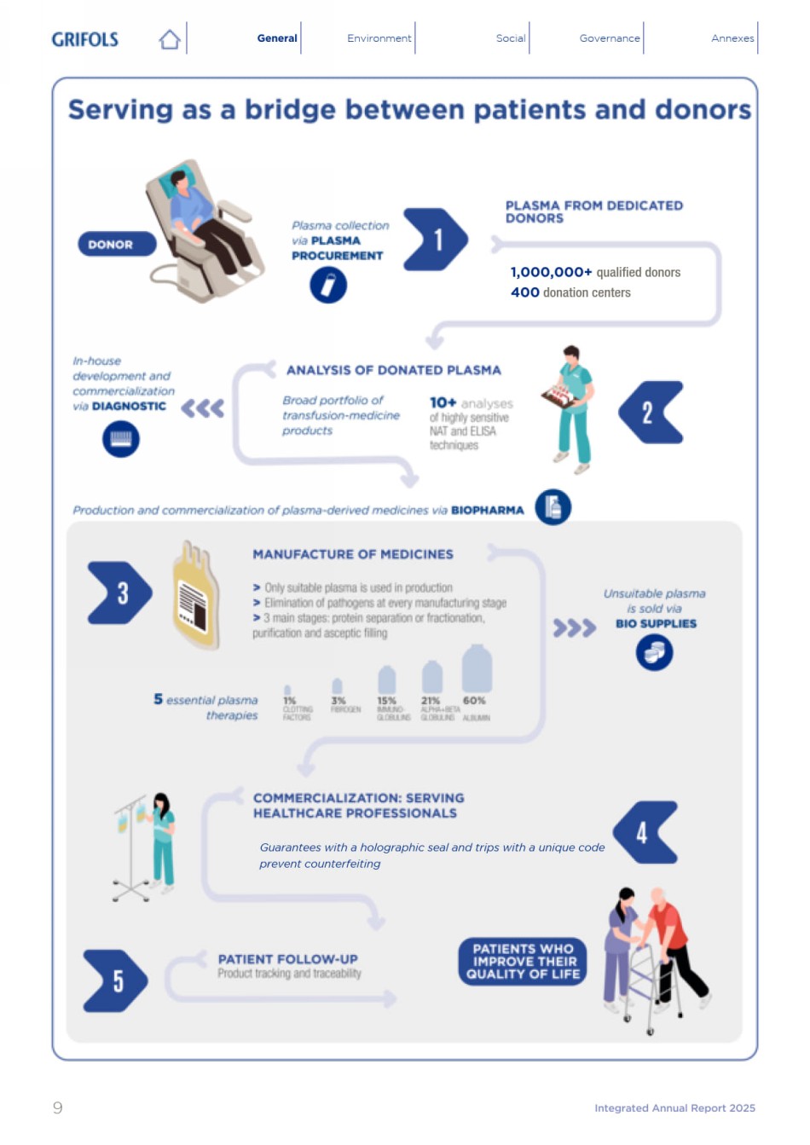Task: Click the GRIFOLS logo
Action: pos(84,39)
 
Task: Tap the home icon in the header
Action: pos(170,39)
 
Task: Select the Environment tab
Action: pos(379,38)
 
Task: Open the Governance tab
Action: pos(609,38)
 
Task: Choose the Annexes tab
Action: pos(732,38)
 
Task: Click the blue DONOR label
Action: pos(117,245)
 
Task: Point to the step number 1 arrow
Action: pos(435,240)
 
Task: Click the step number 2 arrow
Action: pos(651,413)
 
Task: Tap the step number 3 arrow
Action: pos(120,593)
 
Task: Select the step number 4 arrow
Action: pos(645,832)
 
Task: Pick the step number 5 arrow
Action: pos(116,980)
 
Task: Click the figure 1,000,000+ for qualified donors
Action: pos(551,273)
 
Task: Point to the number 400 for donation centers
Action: pos(525,292)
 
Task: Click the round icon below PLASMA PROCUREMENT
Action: pos(328,285)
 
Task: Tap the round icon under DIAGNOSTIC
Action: pos(121,439)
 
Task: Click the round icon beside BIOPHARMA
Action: pos(553,507)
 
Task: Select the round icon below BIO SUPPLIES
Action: pos(654,653)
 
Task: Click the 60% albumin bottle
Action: pos(477,669)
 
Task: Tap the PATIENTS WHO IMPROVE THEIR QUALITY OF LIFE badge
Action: pos(523,962)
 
